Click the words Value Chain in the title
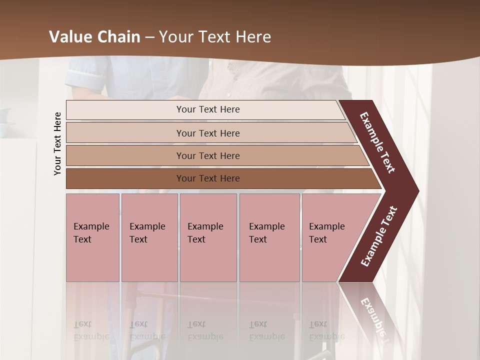[94, 37]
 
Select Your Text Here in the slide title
[215, 37]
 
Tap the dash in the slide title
[149, 37]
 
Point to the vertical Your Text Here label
[57, 143]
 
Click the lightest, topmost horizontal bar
[125, 110]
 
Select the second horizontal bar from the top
[125, 133]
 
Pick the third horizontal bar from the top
[125, 155]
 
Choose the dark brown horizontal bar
[125, 178]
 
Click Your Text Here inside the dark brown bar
[208, 178]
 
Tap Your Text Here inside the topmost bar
[208, 109]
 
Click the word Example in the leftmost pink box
[91, 226]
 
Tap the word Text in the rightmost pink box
[317, 239]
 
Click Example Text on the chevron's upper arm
[377, 142]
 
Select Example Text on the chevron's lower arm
[379, 236]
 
